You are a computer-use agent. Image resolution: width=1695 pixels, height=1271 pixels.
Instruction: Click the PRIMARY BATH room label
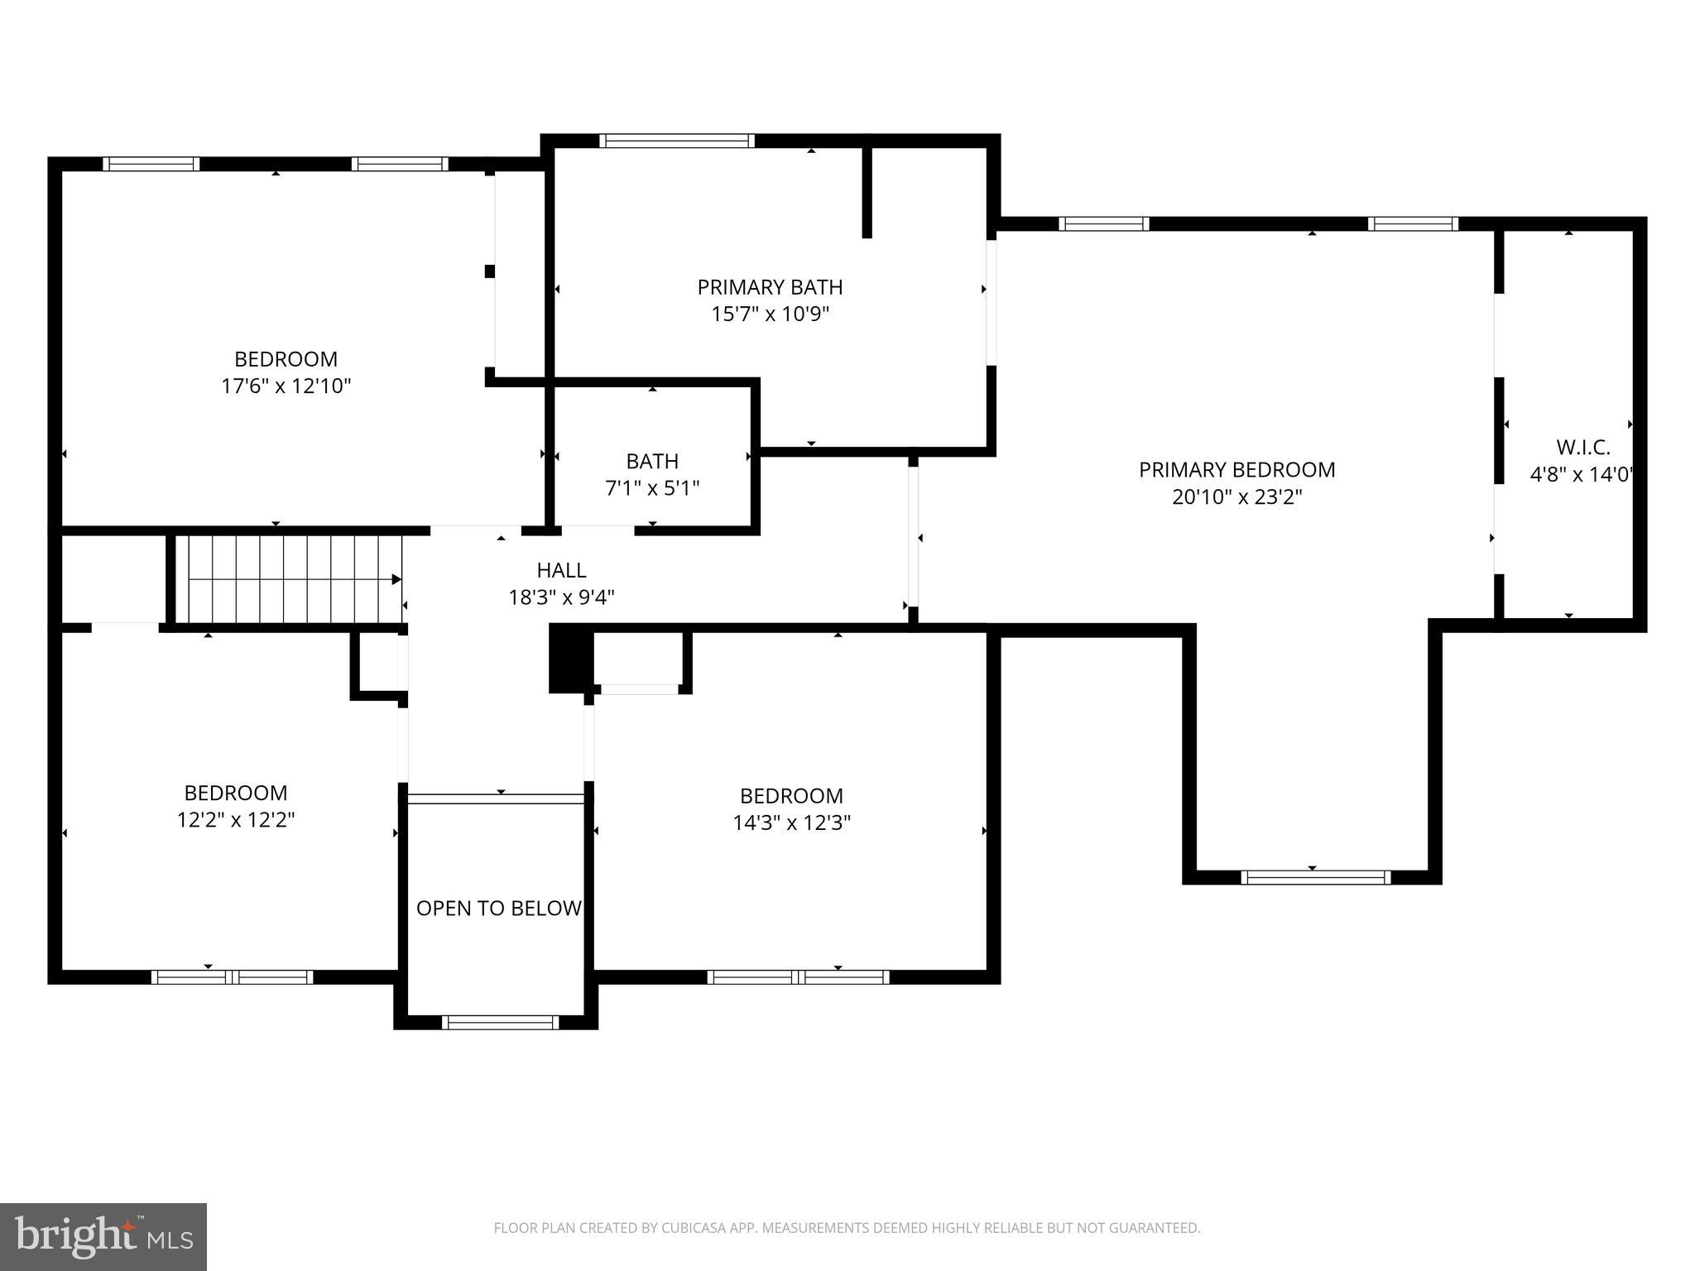(x=769, y=287)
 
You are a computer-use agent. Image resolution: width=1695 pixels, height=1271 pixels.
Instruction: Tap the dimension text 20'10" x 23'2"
(x=1236, y=497)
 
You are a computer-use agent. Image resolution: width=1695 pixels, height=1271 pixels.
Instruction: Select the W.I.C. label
(x=1582, y=448)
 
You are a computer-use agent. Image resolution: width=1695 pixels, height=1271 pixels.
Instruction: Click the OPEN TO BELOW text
(x=498, y=909)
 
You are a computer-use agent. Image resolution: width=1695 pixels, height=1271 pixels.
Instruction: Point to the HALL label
(x=561, y=570)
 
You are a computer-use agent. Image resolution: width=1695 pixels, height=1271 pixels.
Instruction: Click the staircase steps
(x=290, y=579)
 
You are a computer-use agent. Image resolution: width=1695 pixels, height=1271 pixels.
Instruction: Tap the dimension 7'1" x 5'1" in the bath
(x=652, y=488)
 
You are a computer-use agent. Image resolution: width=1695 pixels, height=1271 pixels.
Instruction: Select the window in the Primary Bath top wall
(x=676, y=141)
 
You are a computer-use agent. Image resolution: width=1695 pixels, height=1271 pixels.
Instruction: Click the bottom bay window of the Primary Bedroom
(x=1315, y=877)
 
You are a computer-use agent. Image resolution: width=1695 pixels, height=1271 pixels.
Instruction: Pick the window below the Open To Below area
(x=500, y=1023)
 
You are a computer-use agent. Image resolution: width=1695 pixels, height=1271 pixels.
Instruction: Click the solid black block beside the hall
(x=570, y=658)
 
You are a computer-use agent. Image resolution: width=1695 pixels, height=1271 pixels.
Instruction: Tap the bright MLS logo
(x=103, y=1237)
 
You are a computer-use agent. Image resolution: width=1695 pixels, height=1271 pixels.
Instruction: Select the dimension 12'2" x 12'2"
(x=236, y=820)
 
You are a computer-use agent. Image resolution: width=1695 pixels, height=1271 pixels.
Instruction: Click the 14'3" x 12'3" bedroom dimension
(x=791, y=823)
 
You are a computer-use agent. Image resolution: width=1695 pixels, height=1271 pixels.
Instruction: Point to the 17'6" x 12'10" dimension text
(x=286, y=386)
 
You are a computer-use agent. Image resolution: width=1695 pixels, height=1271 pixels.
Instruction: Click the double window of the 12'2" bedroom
(x=232, y=977)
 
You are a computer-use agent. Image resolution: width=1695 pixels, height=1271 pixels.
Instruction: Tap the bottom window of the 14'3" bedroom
(x=798, y=977)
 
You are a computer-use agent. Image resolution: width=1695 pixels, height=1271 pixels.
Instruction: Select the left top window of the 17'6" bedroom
(x=151, y=164)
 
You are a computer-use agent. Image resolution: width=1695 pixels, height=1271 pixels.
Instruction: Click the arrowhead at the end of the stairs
(x=396, y=579)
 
